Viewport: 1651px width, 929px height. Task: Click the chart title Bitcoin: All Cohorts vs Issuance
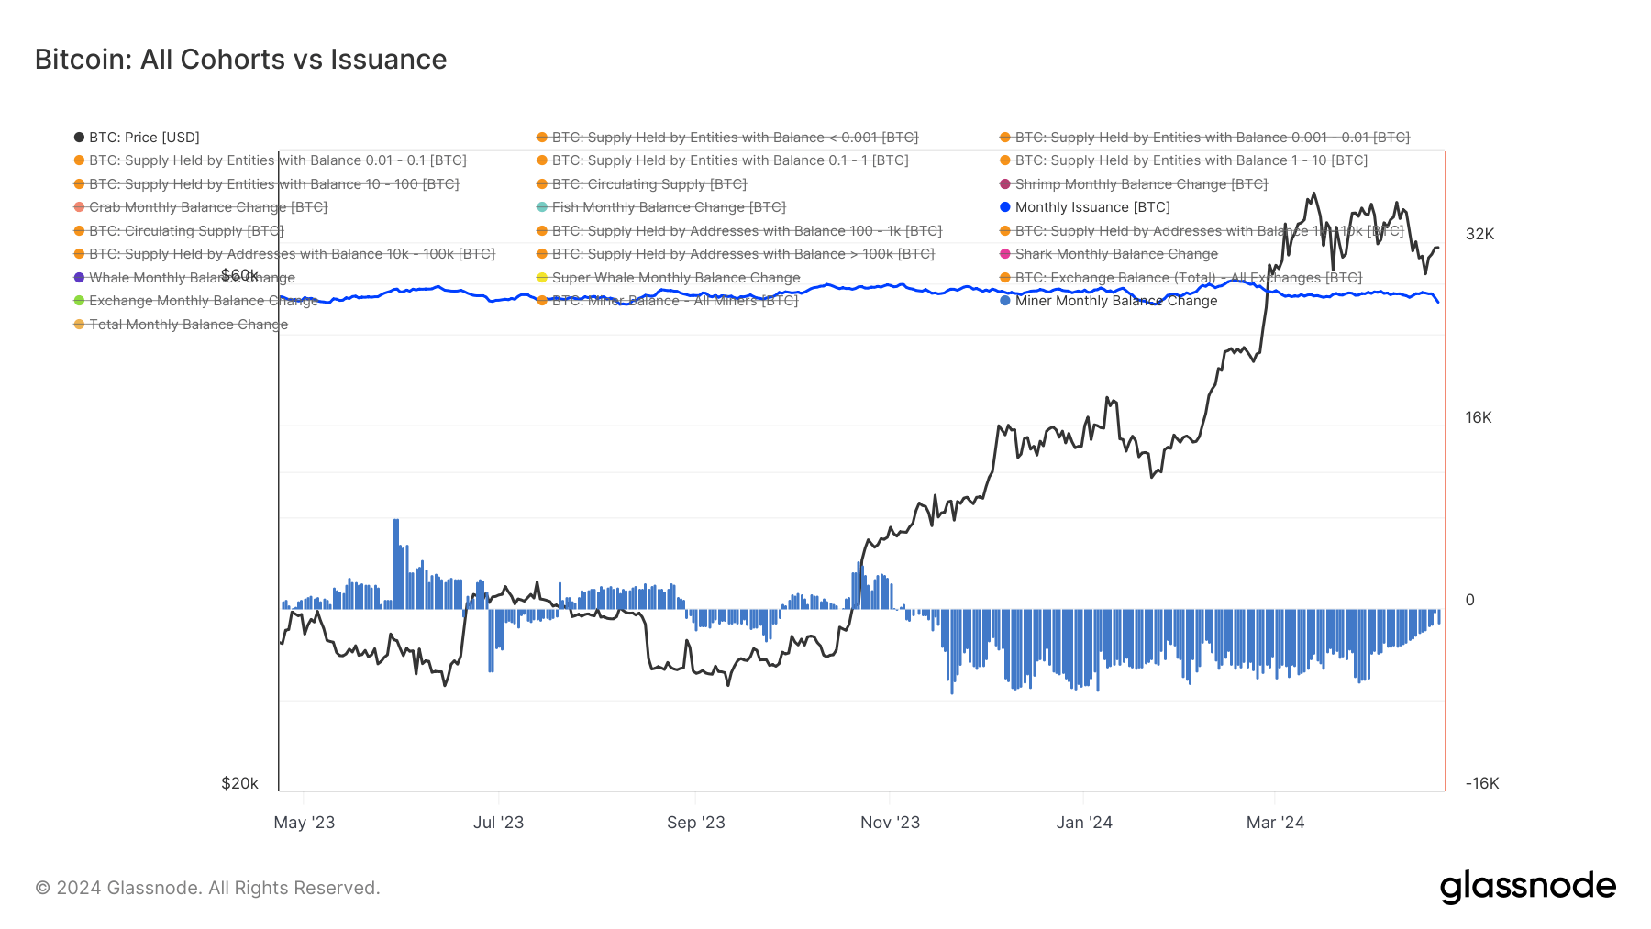click(240, 60)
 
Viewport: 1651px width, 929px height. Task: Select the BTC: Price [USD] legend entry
click(143, 138)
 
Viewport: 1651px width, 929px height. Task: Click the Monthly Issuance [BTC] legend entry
click(1091, 207)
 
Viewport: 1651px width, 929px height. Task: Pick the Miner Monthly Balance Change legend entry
click(1115, 301)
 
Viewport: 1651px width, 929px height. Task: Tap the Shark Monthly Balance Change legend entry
click(1115, 254)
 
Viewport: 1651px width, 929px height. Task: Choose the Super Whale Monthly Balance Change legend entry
click(675, 278)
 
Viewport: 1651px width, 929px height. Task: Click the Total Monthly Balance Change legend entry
click(188, 325)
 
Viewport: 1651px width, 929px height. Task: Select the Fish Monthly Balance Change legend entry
click(668, 207)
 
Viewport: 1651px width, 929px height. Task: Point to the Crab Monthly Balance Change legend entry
click(207, 207)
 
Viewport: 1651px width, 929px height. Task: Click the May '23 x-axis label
click(305, 823)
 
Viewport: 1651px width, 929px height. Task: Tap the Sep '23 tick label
click(695, 823)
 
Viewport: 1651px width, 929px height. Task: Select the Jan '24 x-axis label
click(1084, 823)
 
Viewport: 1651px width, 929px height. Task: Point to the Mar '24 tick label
click(1275, 823)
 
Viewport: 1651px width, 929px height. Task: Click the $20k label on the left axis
click(239, 783)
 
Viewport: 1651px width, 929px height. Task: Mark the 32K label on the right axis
click(1479, 234)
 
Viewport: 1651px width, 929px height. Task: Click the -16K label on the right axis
click(1481, 783)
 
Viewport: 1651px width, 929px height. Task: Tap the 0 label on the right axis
click(1470, 600)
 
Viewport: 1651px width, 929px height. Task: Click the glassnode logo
click(1527, 887)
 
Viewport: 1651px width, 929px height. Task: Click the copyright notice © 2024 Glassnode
click(207, 888)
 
